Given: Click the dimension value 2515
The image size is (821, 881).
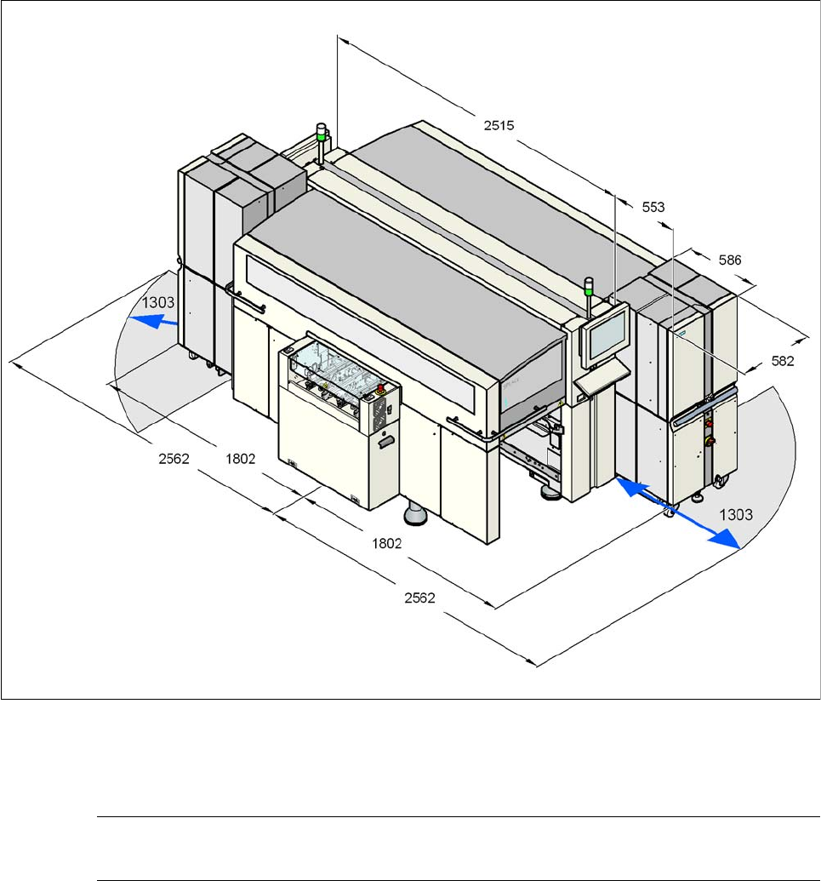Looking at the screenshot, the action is click(499, 125).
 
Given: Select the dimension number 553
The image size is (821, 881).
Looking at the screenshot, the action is click(653, 206).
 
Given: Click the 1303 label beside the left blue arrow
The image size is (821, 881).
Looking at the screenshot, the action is click(159, 302).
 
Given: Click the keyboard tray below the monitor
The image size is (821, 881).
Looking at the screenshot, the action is click(601, 380).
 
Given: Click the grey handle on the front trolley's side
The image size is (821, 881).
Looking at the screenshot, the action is click(386, 441).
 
